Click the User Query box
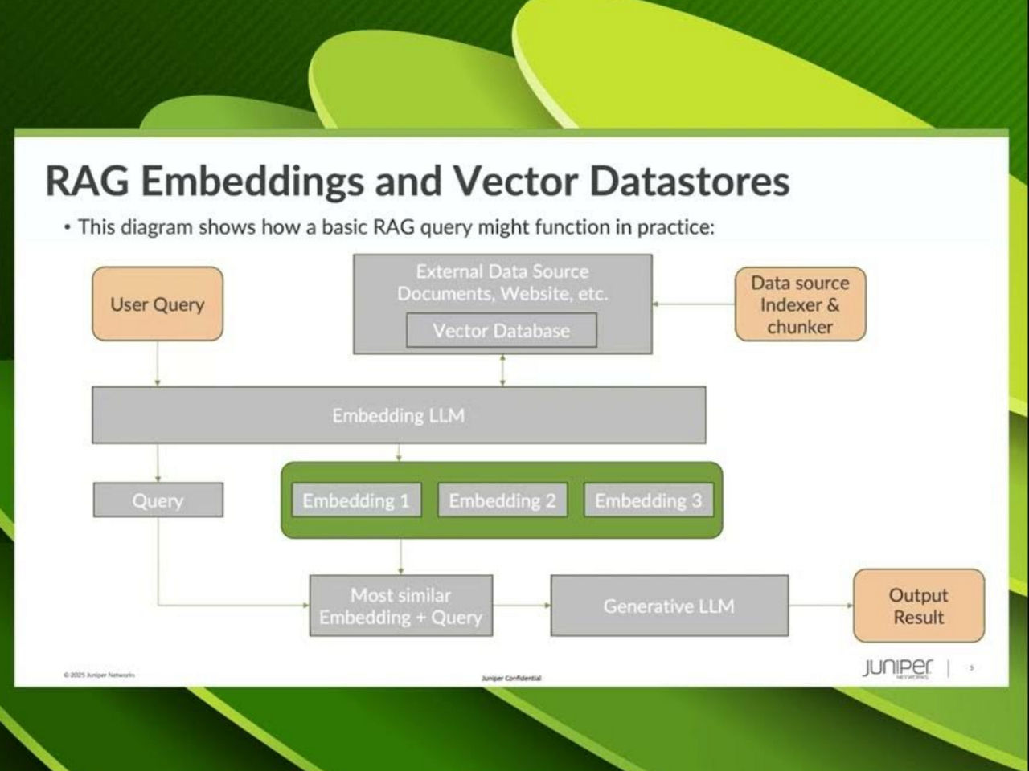(158, 304)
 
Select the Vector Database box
(502, 330)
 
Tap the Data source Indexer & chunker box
(800, 304)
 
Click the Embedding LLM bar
(399, 415)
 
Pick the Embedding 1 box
(356, 500)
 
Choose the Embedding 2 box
(502, 500)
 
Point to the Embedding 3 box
(648, 500)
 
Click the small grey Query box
(158, 500)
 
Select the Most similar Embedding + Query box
(400, 606)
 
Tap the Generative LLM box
(669, 606)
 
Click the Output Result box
(918, 606)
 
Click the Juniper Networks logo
(898, 667)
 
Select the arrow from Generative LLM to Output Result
(821, 606)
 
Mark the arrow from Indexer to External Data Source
(694, 304)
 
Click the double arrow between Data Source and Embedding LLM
(503, 370)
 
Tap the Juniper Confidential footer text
(511, 679)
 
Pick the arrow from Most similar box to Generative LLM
(522, 606)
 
